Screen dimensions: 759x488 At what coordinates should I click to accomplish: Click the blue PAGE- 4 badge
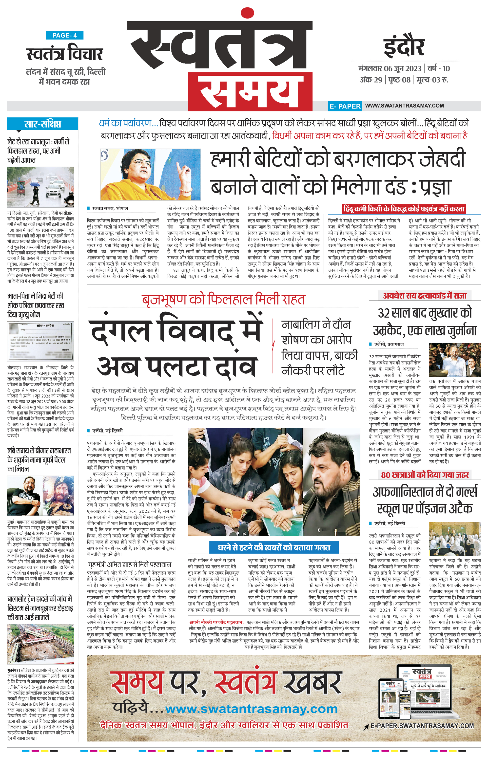pyautogui.click(x=64, y=35)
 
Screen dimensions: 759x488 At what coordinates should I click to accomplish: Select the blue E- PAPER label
pyautogui.click(x=345, y=106)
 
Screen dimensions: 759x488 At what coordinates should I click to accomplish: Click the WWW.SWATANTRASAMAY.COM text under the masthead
pyautogui.click(x=404, y=106)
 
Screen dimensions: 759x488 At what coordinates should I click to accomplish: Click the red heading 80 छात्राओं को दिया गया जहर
pyautogui.click(x=425, y=475)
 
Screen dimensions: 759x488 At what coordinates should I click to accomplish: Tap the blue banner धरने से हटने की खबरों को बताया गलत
pyautogui.click(x=274, y=547)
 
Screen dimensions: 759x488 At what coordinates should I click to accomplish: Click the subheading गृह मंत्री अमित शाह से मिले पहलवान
pyautogui.click(x=130, y=564)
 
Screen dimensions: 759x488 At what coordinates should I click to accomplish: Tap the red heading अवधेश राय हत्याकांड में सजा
pyautogui.click(x=425, y=296)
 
